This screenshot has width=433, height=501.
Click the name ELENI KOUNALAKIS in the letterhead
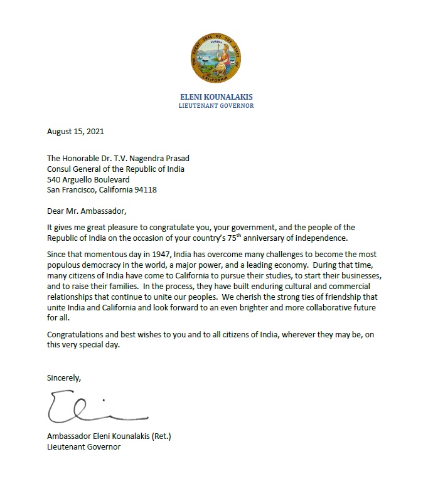click(216, 97)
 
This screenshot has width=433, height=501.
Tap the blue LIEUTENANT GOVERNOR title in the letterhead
click(216, 106)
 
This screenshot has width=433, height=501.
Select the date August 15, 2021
click(76, 132)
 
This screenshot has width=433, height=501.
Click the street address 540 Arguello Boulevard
click(88, 179)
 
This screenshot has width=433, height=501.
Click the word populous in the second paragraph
click(65, 267)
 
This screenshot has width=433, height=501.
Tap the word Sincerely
click(64, 377)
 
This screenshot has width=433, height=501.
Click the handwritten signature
click(94, 407)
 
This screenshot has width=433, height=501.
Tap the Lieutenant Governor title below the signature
click(84, 447)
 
